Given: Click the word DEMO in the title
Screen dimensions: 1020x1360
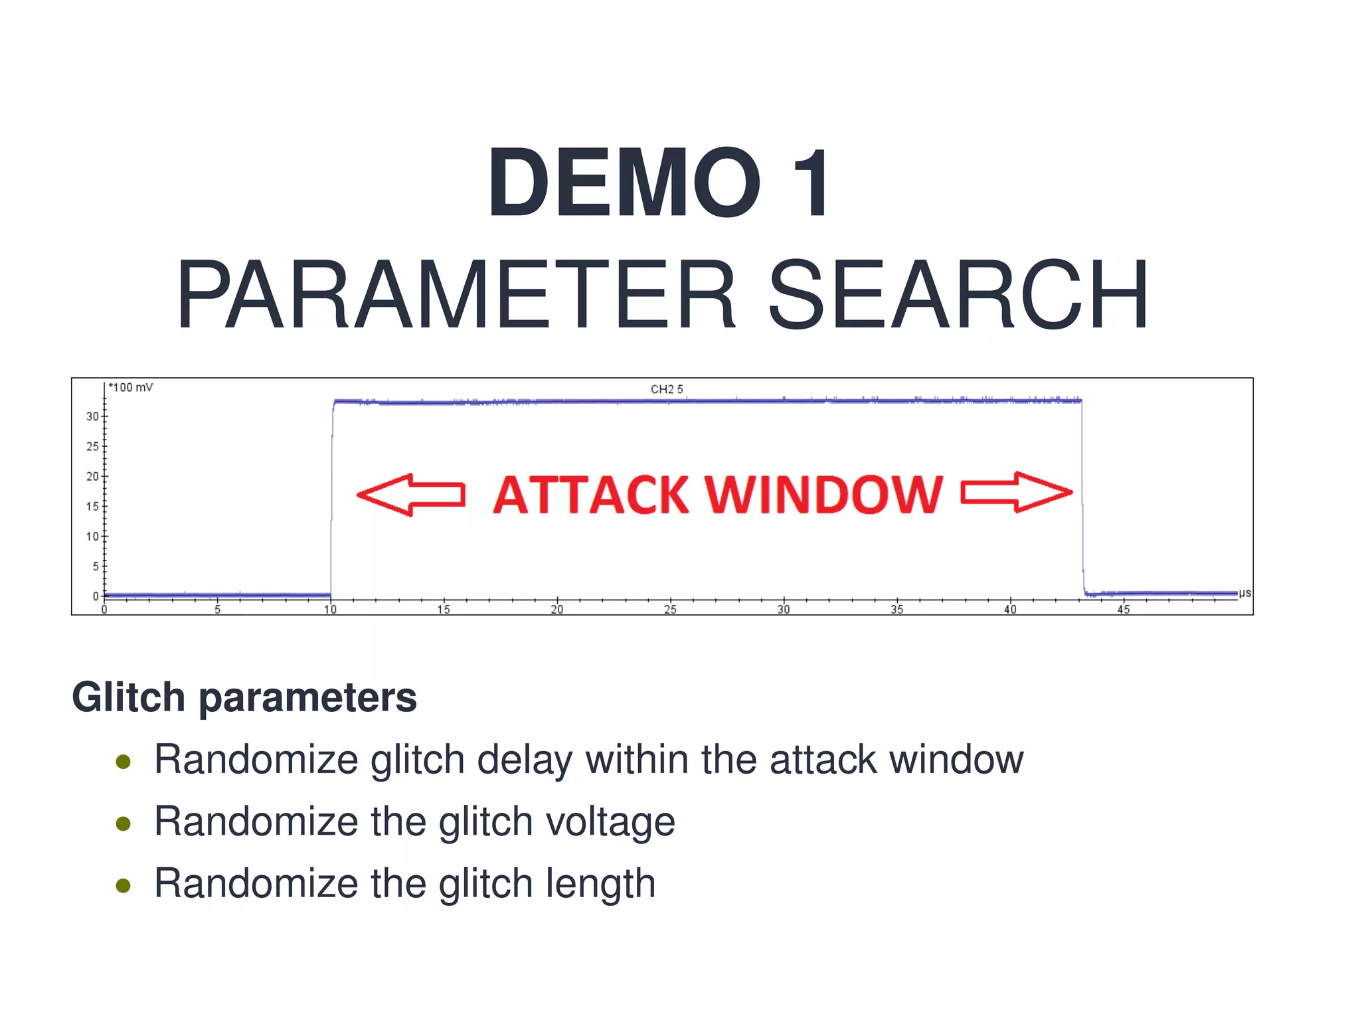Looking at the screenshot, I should (x=624, y=183).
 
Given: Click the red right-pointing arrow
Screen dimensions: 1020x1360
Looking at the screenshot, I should (x=1016, y=493).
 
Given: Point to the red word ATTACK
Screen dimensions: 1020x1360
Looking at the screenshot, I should (x=590, y=495).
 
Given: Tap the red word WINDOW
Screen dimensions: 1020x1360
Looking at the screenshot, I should (x=823, y=495).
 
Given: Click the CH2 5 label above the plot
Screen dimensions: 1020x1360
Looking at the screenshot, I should (x=666, y=389).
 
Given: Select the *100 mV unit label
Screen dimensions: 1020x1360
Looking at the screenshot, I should (x=131, y=387).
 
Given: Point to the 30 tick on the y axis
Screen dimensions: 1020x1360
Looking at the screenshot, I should (x=92, y=416).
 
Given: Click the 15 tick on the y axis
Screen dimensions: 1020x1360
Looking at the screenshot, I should (x=92, y=507).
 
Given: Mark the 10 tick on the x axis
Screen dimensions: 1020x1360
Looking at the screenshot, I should (x=330, y=610).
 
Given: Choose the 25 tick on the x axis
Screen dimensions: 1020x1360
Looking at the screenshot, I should (x=670, y=610).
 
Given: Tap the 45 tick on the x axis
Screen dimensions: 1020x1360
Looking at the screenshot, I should (x=1123, y=610).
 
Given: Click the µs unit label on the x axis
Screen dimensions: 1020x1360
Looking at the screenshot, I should (x=1244, y=593).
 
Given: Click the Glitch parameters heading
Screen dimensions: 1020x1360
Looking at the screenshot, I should (x=244, y=697).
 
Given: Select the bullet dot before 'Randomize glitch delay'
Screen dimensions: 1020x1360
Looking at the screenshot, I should (x=123, y=762).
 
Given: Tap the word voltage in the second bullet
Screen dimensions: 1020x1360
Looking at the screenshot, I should (x=610, y=822).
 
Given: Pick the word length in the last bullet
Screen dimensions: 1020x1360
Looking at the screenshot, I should (x=600, y=884).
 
